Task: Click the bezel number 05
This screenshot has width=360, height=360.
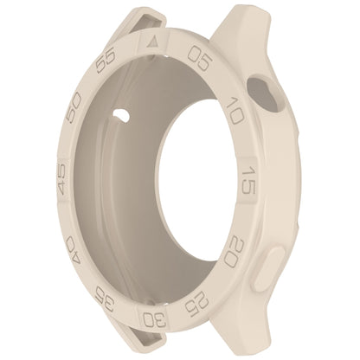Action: tap(200, 57)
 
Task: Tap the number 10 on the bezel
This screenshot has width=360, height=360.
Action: tap(235, 111)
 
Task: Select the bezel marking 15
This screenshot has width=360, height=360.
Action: tap(247, 180)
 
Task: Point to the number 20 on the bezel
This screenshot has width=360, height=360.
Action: tap(235, 253)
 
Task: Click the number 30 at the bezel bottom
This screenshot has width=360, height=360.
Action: tap(155, 319)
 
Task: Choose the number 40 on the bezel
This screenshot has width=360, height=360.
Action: tap(74, 248)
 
